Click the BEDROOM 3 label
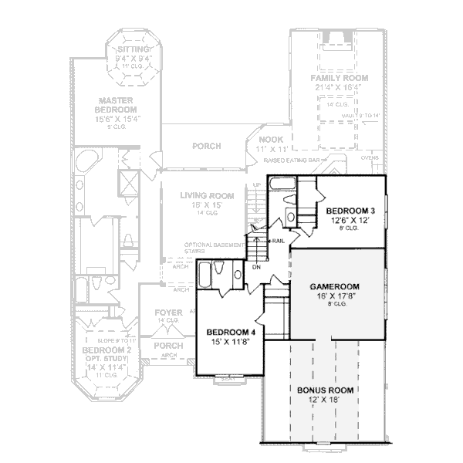(x=350, y=211)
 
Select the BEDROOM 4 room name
(x=231, y=332)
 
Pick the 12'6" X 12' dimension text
(x=350, y=220)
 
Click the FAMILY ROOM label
(x=340, y=79)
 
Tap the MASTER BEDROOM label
(x=117, y=105)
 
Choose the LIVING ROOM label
(x=201, y=196)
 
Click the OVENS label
(x=370, y=157)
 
